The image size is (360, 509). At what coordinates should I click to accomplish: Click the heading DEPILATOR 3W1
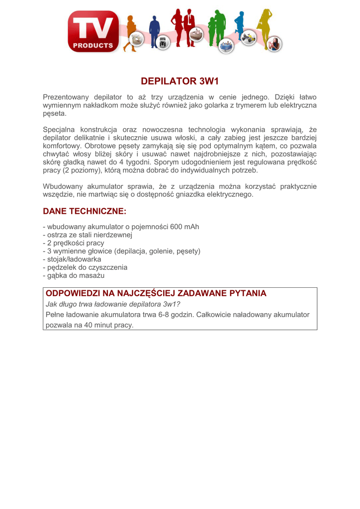(180, 81)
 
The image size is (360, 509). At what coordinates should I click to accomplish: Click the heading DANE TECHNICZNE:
(85, 211)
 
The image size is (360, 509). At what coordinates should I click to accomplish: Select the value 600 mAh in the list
(184, 227)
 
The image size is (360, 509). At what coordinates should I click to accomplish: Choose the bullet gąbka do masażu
(74, 275)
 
